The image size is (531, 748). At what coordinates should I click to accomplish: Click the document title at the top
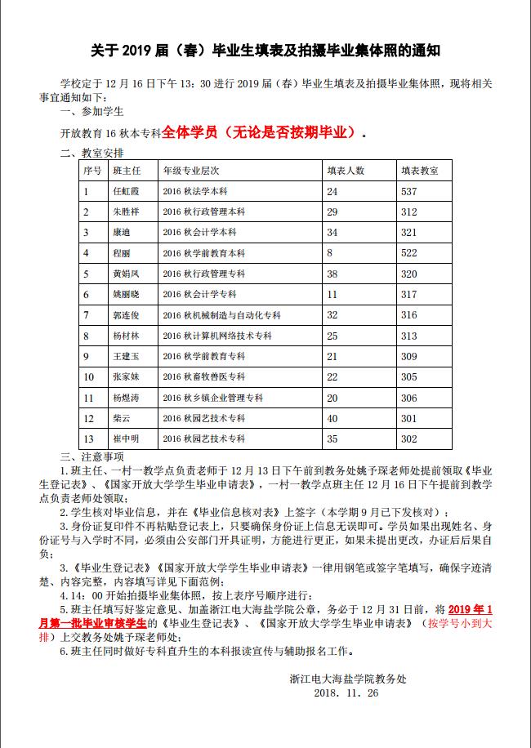point(265,51)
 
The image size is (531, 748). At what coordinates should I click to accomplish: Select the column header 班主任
point(126,171)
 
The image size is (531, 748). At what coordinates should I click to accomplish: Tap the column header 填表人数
point(346,171)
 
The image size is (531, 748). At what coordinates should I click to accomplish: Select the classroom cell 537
point(408,191)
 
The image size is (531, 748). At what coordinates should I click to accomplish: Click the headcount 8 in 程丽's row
point(330,253)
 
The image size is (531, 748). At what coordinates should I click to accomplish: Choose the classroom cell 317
point(408,294)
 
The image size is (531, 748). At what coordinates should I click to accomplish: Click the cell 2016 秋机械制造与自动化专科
point(221,315)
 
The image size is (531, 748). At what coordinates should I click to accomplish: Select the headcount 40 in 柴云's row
point(332,418)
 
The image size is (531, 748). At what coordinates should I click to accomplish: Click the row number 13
point(88,439)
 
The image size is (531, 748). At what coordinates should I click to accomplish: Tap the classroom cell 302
point(408,439)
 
